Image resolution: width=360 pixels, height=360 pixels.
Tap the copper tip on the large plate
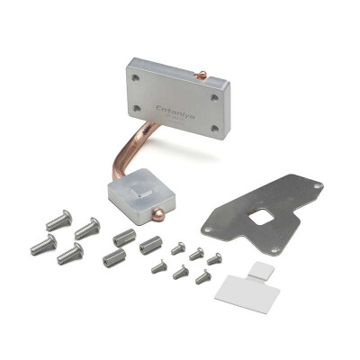[x=204, y=75]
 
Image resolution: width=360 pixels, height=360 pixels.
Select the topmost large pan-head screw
[x=57, y=219]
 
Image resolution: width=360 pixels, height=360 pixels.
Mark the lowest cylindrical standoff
[x=114, y=259]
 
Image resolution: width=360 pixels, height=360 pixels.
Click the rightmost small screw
[x=214, y=259]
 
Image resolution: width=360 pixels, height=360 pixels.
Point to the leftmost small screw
[x=159, y=266]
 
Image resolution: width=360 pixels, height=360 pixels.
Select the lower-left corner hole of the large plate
[x=137, y=107]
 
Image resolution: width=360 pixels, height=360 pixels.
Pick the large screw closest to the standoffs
[x=86, y=229]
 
